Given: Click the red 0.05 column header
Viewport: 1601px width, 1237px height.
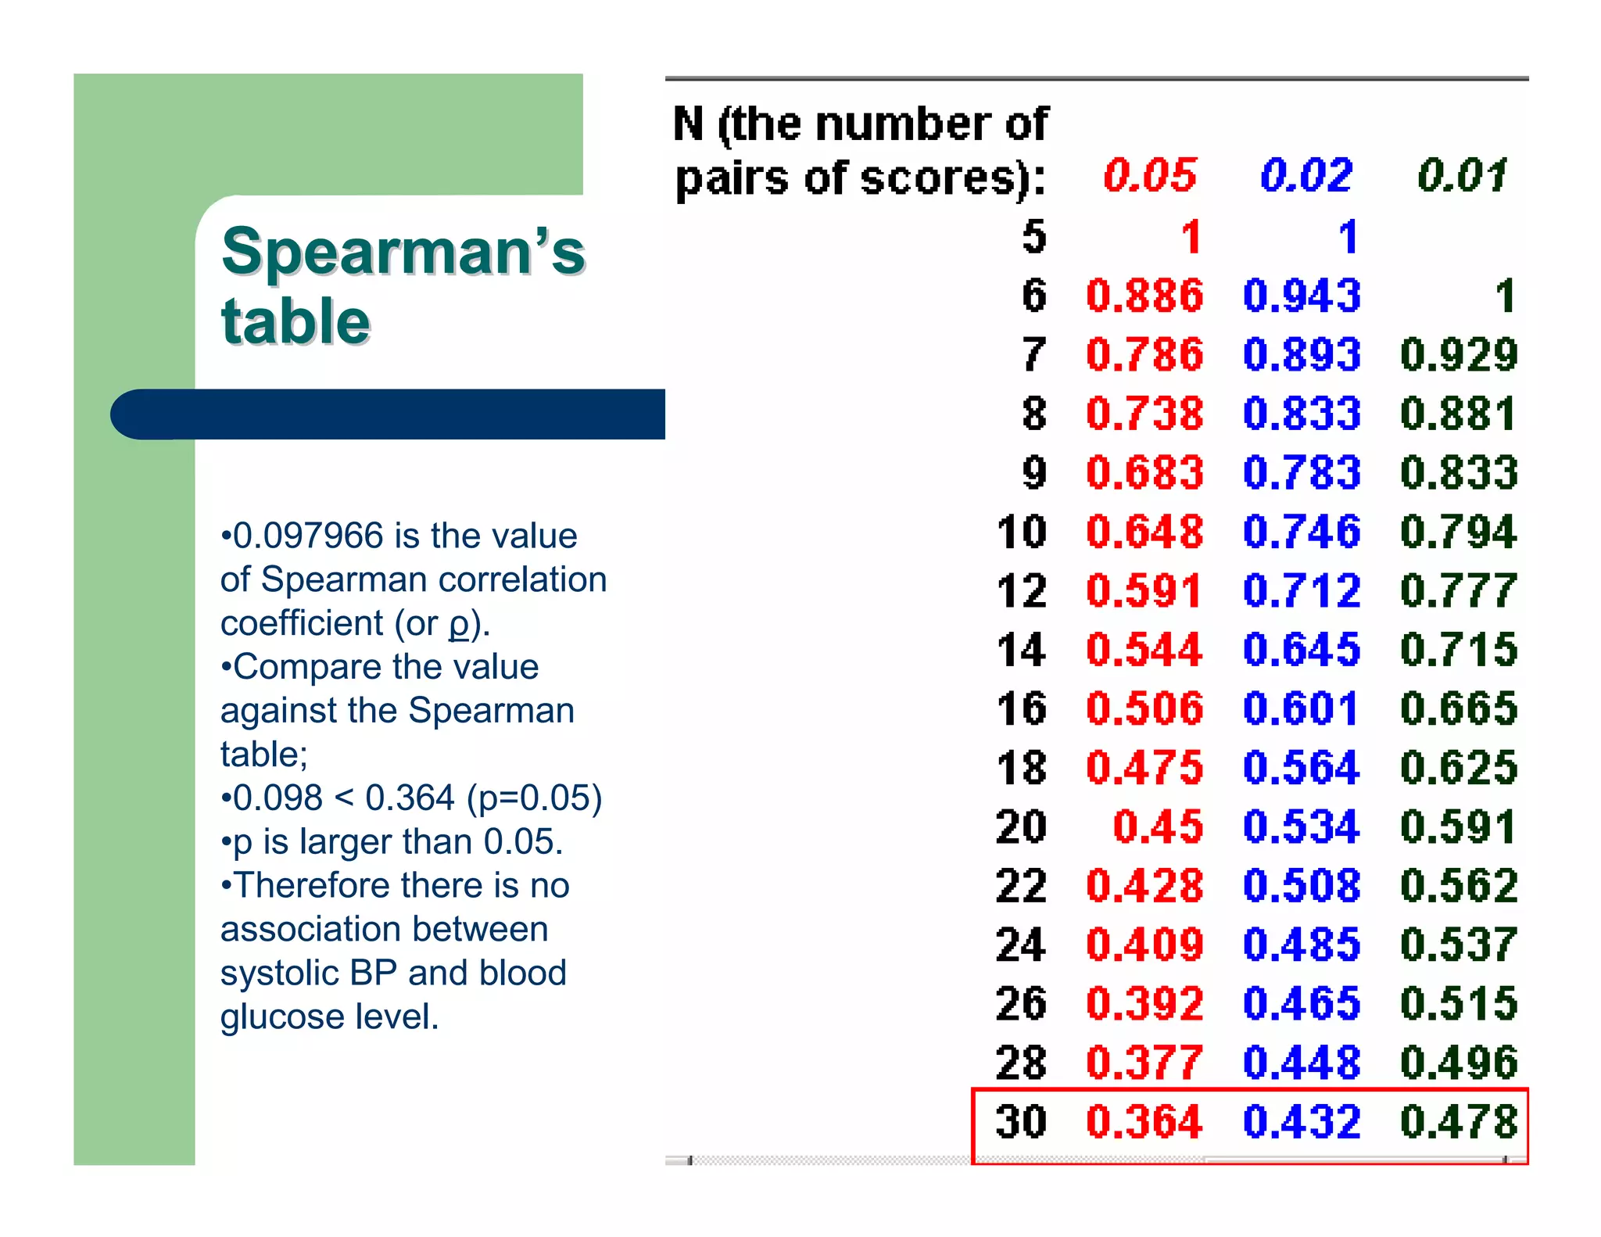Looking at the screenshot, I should (x=1148, y=175).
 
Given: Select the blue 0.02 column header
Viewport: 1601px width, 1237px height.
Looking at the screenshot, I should (x=1306, y=175).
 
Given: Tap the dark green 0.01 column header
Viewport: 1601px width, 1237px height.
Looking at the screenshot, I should (x=1461, y=175).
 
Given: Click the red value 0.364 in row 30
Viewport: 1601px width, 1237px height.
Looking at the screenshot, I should (x=1144, y=1121).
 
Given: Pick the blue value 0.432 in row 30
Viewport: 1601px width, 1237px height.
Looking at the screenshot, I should (x=1302, y=1121).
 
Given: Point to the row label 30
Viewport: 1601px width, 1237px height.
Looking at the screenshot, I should (x=1021, y=1121).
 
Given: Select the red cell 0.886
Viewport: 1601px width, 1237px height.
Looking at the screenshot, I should (x=1144, y=296).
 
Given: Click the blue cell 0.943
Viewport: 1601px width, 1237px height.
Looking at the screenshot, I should (x=1302, y=296).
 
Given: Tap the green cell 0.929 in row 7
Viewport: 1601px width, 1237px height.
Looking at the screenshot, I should (x=1459, y=354).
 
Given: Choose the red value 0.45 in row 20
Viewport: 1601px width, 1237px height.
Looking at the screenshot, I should (x=1158, y=826).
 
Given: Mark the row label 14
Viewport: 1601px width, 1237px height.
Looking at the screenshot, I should (x=1021, y=650).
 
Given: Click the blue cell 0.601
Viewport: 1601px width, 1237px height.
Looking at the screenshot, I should (x=1300, y=708).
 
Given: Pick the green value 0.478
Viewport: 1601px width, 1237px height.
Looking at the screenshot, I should (x=1459, y=1121).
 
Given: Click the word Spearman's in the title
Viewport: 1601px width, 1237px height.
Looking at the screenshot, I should (x=403, y=252).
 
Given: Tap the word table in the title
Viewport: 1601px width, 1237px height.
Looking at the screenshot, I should (x=295, y=322).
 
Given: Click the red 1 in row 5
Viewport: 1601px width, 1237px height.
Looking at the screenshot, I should (x=1191, y=237).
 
